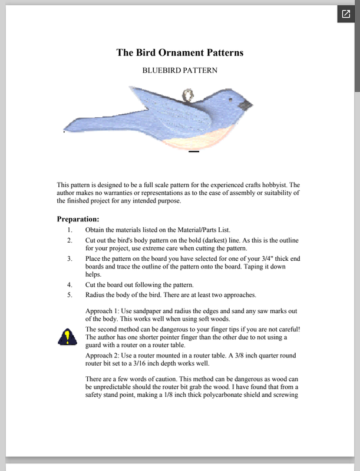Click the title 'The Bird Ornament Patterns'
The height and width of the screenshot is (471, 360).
(180, 52)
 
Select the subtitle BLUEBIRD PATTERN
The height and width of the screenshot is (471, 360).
(180, 70)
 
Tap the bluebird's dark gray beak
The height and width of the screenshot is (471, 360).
(246, 105)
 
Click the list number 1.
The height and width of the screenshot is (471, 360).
(70, 230)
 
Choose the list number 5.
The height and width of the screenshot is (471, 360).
(70, 294)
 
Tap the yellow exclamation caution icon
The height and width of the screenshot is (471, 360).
(67, 337)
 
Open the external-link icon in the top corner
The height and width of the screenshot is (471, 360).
(346, 14)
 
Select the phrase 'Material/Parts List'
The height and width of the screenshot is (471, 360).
(199, 230)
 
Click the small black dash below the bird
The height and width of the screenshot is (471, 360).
(194, 152)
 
